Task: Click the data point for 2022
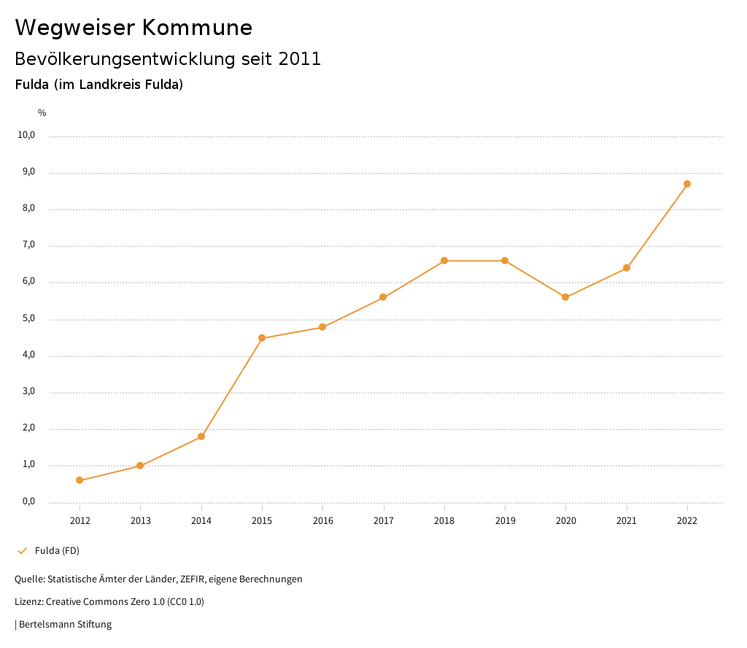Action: tap(687, 184)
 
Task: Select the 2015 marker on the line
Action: tap(262, 338)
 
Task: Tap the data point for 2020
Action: tap(565, 297)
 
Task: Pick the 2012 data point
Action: tap(80, 480)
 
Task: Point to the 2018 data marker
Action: tap(444, 261)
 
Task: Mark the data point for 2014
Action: tap(201, 436)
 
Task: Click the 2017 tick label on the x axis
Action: tap(384, 520)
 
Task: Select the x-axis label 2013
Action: tap(141, 520)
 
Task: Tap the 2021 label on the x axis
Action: tap(627, 520)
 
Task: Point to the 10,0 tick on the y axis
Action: tap(27, 135)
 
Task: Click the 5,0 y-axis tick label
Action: tap(27, 319)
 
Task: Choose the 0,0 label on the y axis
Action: tap(27, 501)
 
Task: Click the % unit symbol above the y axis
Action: tap(42, 113)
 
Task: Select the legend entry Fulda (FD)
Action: tap(57, 550)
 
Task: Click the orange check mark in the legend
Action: tap(22, 550)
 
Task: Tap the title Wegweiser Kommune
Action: tap(133, 28)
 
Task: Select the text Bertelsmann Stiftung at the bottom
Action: tap(65, 624)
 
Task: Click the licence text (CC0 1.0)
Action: tap(185, 601)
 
